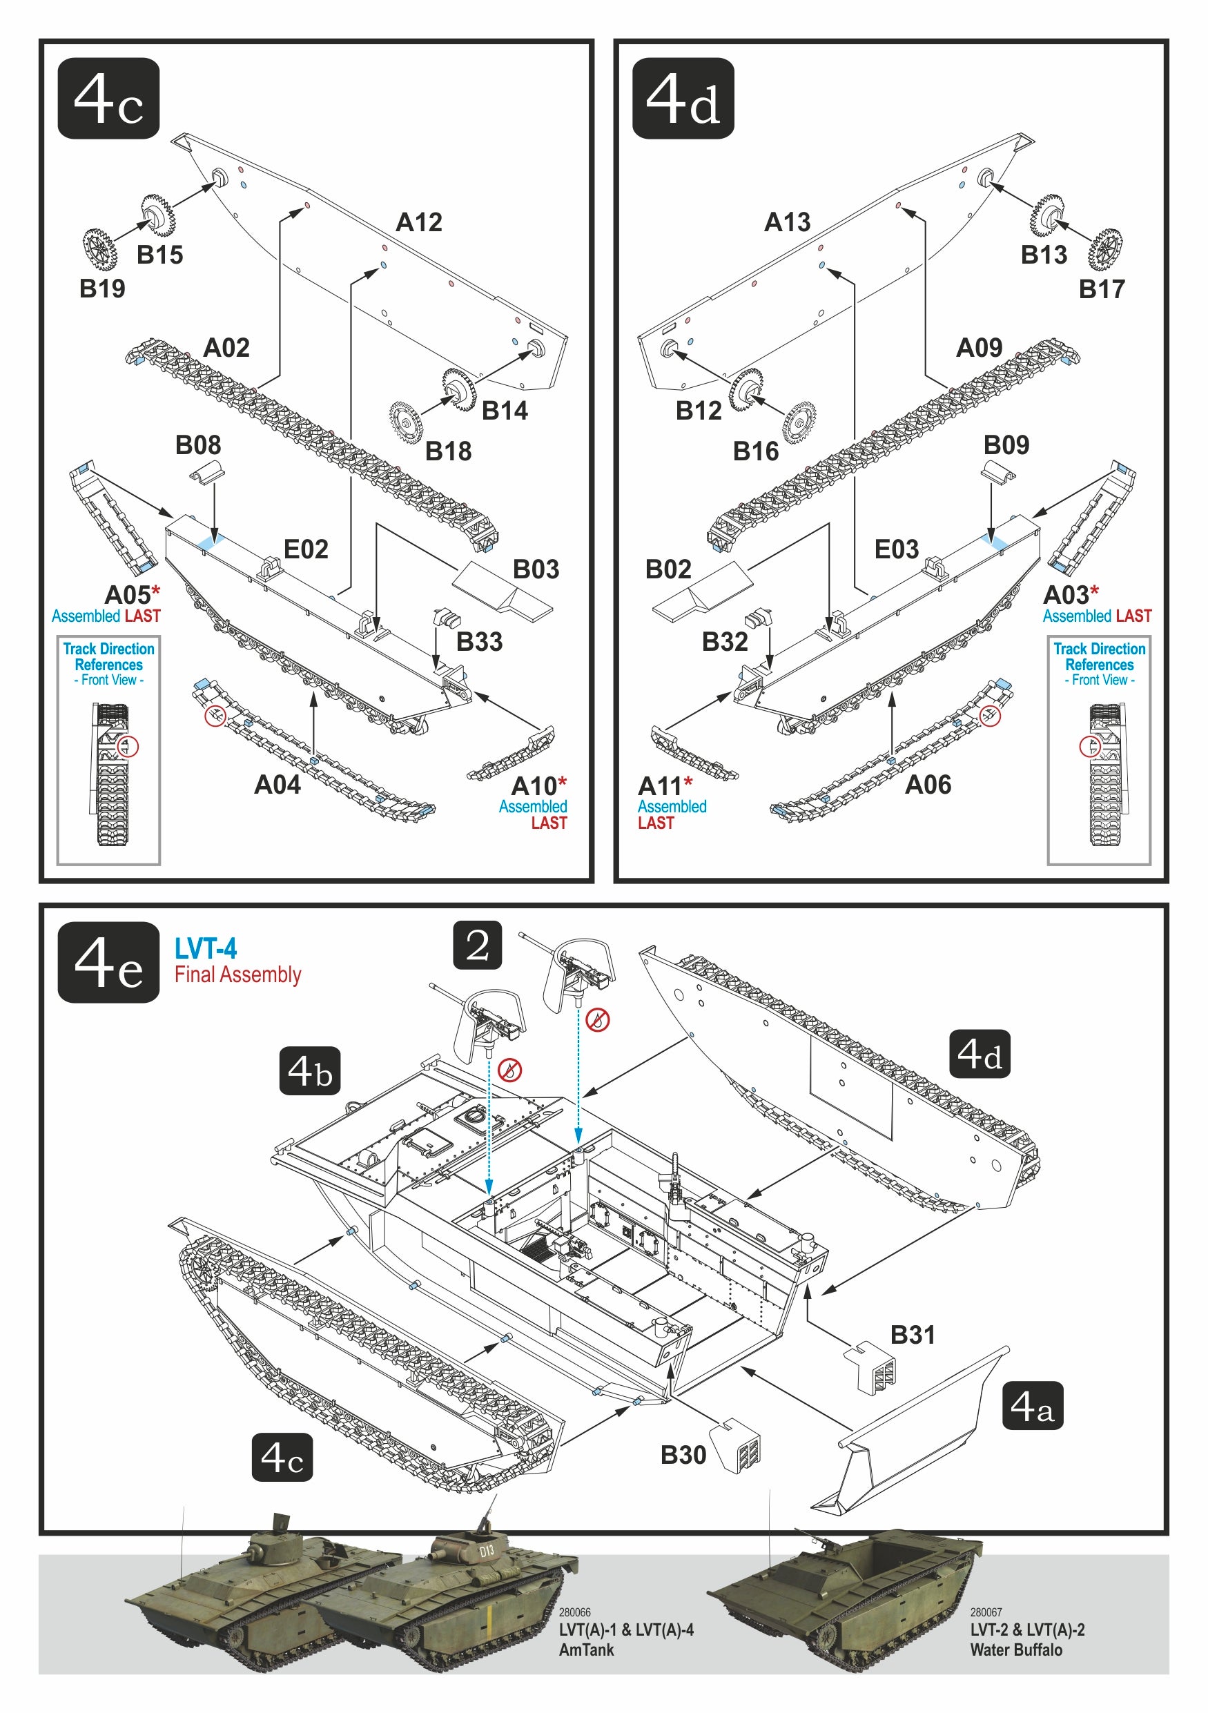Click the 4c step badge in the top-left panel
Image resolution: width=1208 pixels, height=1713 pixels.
[x=109, y=99]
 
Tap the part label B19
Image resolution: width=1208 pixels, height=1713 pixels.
[x=102, y=288]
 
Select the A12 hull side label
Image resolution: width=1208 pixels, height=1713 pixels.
[x=418, y=222]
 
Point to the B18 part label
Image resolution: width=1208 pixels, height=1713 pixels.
[x=448, y=451]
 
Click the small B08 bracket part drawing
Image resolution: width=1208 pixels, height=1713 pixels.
[x=206, y=472]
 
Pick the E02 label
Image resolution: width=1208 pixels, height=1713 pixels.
[x=306, y=550]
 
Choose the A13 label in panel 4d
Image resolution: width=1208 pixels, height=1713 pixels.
[x=787, y=222]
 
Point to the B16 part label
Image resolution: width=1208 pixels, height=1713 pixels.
[x=755, y=451]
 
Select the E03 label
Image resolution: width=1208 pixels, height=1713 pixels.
[x=896, y=550]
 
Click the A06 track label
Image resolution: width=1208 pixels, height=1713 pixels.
[x=928, y=785]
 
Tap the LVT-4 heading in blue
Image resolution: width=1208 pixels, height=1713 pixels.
[x=205, y=949]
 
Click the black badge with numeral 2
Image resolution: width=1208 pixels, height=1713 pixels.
[x=477, y=946]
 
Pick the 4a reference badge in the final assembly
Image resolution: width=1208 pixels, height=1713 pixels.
[x=1032, y=1406]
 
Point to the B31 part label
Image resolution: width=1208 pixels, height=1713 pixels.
[x=913, y=1335]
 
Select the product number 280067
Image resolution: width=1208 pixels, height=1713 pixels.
[x=986, y=1612]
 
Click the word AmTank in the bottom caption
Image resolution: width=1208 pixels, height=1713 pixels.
[x=587, y=1650]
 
